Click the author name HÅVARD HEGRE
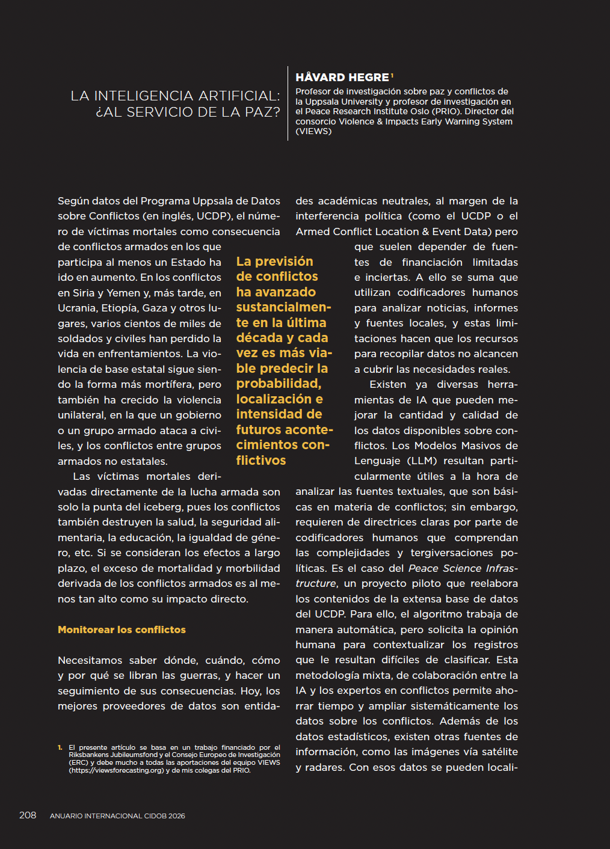pos(342,78)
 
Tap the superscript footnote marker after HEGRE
pos(392,75)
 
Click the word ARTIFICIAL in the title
pos(239,96)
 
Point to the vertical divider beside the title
pos(288,103)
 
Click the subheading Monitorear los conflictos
pos(122,630)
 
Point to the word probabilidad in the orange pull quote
pos(278,384)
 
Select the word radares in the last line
pos(325,767)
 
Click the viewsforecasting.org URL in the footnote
pos(116,770)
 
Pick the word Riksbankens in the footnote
pos(89,755)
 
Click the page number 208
pos(28,815)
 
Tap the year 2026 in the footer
pos(177,816)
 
